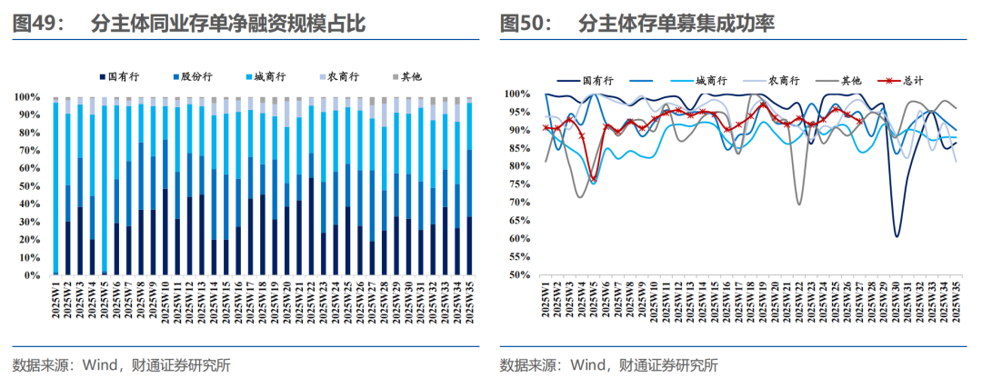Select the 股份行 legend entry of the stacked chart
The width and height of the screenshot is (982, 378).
coord(192,78)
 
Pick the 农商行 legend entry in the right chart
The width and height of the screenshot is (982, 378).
coord(783,81)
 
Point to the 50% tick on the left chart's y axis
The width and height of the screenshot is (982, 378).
coord(29,185)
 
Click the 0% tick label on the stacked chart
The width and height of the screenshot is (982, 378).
coord(33,274)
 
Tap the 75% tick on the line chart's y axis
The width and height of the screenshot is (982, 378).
coord(516,184)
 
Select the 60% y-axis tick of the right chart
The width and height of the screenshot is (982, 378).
coord(516,238)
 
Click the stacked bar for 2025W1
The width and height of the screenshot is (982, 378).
coord(55,186)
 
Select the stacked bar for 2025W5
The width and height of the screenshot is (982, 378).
coord(105,186)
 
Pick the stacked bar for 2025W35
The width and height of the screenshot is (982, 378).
coord(469,186)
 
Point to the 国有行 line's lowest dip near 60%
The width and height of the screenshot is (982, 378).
coord(897,236)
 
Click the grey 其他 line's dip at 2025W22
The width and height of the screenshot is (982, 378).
coord(799,204)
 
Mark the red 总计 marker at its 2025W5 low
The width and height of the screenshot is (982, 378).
coord(593,179)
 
